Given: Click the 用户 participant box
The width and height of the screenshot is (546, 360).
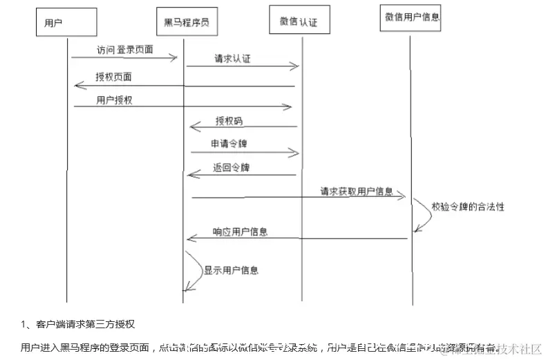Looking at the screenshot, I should point(66,22).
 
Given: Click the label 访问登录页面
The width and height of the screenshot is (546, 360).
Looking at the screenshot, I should point(125,49).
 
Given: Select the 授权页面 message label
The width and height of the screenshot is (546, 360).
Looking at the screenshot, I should point(113,76).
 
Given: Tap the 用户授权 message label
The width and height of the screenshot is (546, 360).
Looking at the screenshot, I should point(114,100).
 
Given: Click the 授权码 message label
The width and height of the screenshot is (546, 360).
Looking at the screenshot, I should point(229,121).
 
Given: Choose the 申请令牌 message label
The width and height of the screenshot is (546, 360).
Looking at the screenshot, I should point(229,144).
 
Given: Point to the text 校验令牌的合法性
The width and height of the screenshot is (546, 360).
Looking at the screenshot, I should point(468,207).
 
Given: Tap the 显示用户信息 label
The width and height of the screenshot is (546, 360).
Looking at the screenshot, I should point(231,270).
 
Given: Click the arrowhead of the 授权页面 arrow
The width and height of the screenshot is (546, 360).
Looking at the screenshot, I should point(77,85).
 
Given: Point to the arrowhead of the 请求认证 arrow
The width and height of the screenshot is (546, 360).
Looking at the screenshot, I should point(295,66).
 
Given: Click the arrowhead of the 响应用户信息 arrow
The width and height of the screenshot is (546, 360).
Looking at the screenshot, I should point(191,239).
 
